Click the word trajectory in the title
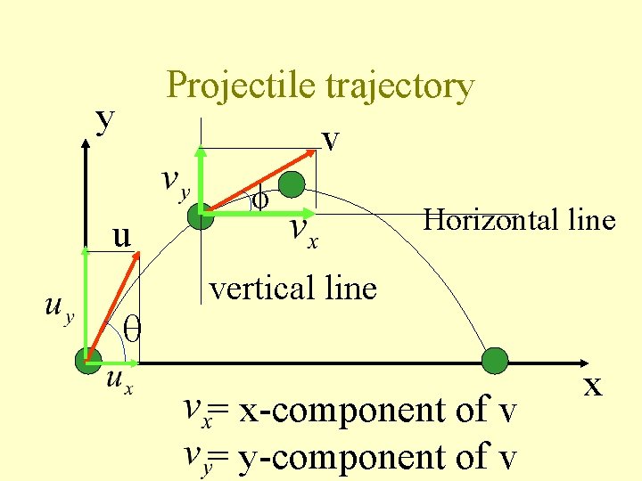[x=399, y=87]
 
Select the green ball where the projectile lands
[x=494, y=361]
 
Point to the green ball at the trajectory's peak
[x=291, y=184]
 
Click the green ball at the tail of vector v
[x=202, y=214]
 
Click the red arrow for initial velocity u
[x=114, y=307]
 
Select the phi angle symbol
[x=260, y=200]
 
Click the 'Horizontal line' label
[x=520, y=219]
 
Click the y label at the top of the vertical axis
[x=106, y=119]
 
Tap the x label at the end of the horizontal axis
[x=592, y=386]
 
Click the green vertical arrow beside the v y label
[x=202, y=178]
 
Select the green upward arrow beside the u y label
[x=86, y=303]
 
